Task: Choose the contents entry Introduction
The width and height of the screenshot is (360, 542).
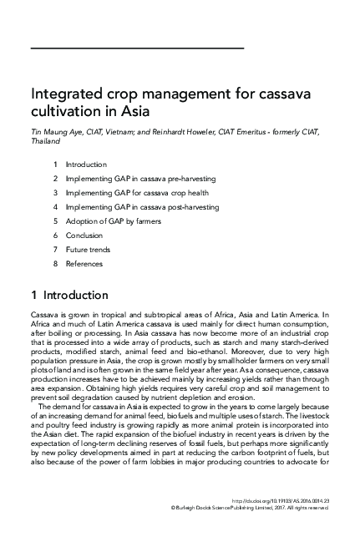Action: tap(85, 165)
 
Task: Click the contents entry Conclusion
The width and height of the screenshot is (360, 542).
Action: tap(84, 236)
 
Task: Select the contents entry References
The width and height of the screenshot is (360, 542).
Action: tap(84, 264)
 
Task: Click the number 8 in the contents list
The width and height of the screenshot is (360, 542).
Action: tap(54, 264)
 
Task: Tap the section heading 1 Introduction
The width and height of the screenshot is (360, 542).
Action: tap(68, 296)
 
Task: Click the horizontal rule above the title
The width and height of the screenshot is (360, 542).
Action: tap(137, 49)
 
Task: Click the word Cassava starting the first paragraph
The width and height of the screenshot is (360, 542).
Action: tap(43, 315)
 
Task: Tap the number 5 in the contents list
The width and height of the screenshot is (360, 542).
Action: tap(54, 221)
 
